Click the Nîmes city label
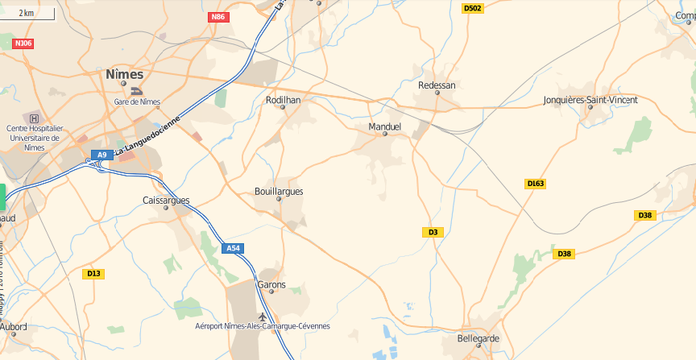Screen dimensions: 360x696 click(x=124, y=74)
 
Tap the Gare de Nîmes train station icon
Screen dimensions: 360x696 click(x=137, y=92)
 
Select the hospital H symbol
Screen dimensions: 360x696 click(x=34, y=118)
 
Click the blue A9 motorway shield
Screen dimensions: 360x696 click(x=101, y=155)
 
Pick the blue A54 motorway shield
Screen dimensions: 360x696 click(x=233, y=248)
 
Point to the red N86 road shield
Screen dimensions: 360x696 click(x=217, y=17)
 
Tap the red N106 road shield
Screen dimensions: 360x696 click(x=23, y=43)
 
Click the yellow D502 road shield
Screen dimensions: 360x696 click(x=473, y=8)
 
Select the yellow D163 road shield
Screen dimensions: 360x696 click(x=536, y=184)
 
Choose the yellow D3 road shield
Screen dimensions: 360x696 click(x=433, y=232)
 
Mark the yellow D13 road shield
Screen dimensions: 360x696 click(x=93, y=274)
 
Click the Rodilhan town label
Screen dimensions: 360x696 click(x=283, y=100)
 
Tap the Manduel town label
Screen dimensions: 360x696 click(x=384, y=127)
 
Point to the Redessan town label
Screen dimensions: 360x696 click(x=437, y=85)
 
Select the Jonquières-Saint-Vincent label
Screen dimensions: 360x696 click(x=590, y=100)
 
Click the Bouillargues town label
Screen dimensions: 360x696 click(x=279, y=192)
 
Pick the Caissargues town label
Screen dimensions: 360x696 click(x=166, y=200)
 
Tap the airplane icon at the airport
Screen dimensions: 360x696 click(x=263, y=315)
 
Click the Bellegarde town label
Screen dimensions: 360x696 click(x=478, y=338)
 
